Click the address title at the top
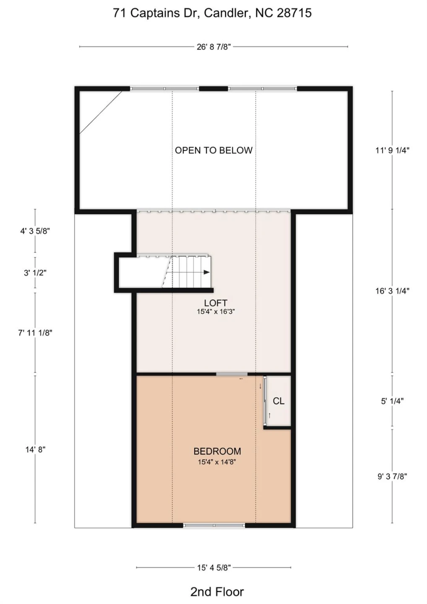(212, 13)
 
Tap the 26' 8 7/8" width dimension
(214, 47)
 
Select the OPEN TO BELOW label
(214, 150)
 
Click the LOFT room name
(216, 303)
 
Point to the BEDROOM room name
(217, 451)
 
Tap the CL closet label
(279, 401)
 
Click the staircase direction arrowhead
(206, 272)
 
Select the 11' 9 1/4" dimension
(393, 150)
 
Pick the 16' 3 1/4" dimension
(393, 291)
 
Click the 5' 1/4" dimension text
(392, 401)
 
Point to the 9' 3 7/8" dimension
(392, 477)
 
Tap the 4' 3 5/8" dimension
(35, 231)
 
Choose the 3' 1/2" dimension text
(35, 273)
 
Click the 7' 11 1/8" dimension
(35, 333)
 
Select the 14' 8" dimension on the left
(35, 450)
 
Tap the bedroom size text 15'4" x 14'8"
(217, 462)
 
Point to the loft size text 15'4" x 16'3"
(216, 312)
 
